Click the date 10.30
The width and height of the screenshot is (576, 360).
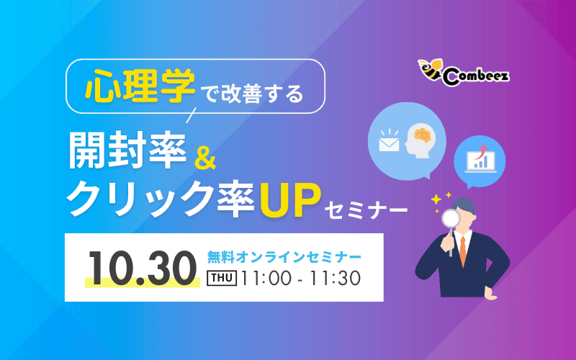(141, 267)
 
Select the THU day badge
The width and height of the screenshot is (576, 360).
(222, 278)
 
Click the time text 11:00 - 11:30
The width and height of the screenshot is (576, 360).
(301, 278)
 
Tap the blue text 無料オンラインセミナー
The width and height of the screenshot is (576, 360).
(283, 256)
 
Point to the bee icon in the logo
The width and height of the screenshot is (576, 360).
(430, 69)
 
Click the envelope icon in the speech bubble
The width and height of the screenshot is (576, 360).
(389, 143)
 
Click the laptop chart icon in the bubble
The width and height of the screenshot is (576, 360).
(479, 157)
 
